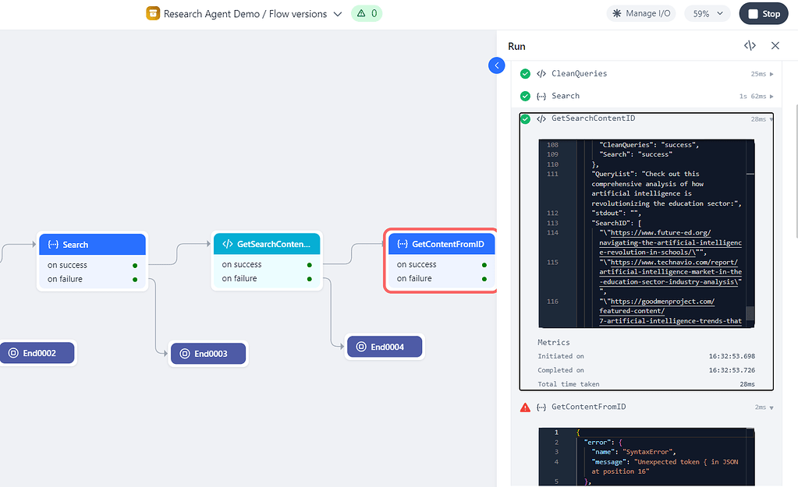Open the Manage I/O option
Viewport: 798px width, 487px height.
coord(641,13)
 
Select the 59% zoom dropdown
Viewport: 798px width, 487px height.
coord(708,13)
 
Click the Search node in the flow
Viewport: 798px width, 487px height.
coord(92,245)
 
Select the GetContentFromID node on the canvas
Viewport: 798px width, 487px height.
coord(442,245)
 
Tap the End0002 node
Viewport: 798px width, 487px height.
coord(37,353)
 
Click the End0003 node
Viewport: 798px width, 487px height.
coord(208,354)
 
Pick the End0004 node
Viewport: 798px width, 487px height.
coord(385,347)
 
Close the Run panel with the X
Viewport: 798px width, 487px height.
coord(775,46)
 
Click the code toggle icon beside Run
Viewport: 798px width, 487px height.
coord(750,46)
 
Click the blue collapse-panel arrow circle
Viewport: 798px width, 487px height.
coord(497,65)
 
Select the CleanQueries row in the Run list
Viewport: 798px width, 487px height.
coord(579,74)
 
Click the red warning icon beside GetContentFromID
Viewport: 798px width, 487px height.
coord(525,407)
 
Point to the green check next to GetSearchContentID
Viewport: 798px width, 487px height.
coord(525,118)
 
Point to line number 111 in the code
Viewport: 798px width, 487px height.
coord(553,174)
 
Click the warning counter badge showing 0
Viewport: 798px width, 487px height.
coord(367,13)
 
